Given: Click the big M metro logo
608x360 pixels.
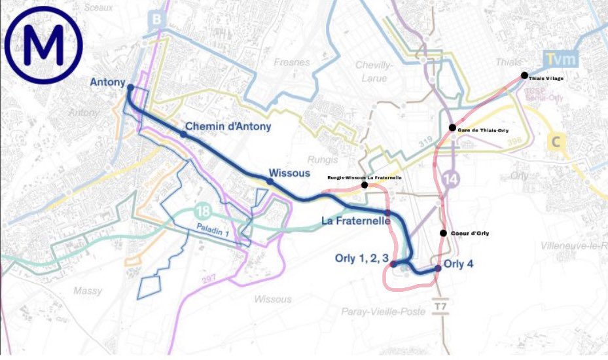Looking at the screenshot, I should point(44,44).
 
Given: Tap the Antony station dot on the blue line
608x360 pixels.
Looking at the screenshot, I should point(130,87).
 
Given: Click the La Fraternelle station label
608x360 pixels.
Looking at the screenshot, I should point(356,221).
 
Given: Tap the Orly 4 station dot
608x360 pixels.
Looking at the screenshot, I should point(438,268).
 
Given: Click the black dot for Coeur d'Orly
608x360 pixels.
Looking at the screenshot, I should point(443,233).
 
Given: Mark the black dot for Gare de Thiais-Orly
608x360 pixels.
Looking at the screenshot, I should point(452,127).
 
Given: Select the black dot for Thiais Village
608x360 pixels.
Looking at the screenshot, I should point(524,75).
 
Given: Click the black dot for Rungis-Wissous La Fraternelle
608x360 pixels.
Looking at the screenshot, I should point(364,185).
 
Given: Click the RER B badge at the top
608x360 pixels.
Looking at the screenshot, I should point(156,20).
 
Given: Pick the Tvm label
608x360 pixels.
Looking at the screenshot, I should point(561,60).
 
